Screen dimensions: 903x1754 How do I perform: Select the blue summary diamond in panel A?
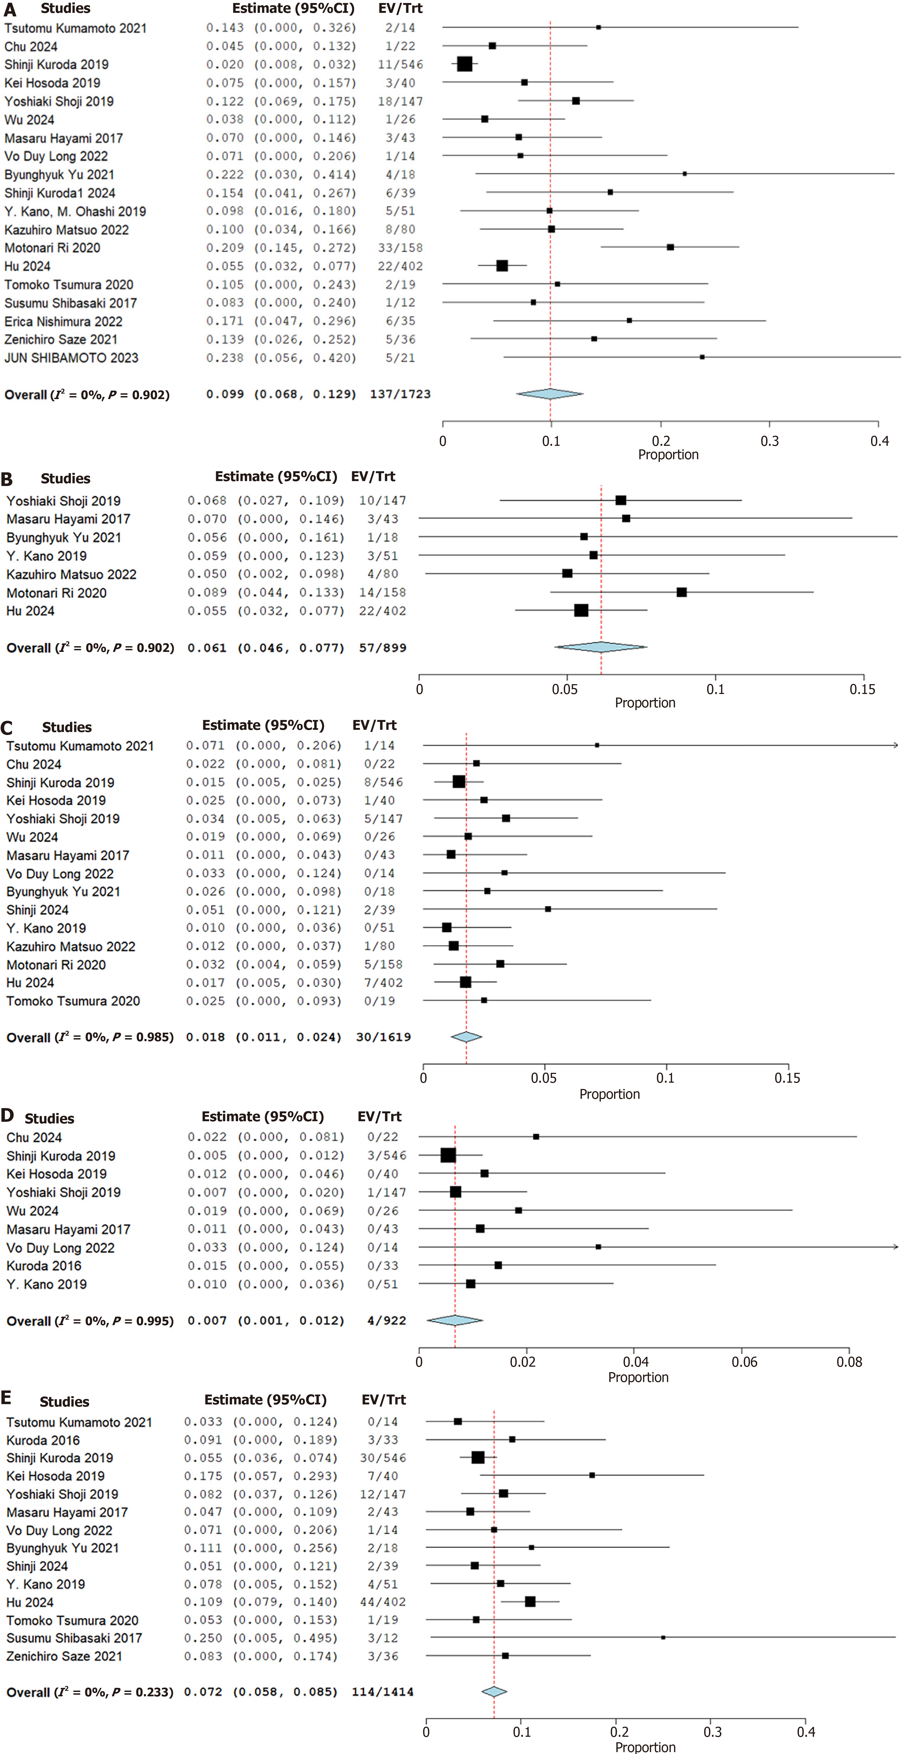pos(550,394)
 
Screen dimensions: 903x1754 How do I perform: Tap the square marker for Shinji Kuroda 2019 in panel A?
pos(465,64)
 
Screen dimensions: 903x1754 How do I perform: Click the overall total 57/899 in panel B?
pos(382,648)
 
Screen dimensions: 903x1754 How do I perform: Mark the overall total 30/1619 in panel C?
pos(383,1037)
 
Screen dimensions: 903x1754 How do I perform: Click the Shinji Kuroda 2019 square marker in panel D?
pos(448,1155)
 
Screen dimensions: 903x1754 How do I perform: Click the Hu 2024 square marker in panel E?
pos(530,1601)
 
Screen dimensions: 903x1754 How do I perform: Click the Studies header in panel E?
pos(65,1401)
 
